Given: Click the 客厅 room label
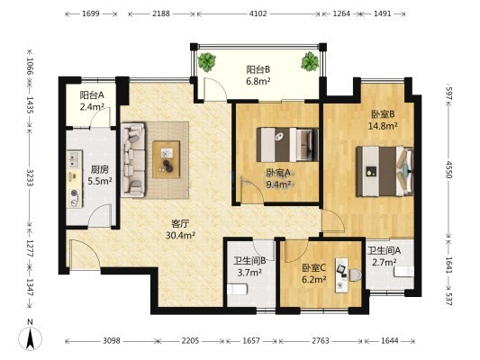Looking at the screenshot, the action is coord(180,224).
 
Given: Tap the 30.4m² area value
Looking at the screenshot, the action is coord(181,235).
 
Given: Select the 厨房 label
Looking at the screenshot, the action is coord(99,169).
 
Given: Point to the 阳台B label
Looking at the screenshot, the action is coord(258,69).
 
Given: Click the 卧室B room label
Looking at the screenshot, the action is coord(383,114).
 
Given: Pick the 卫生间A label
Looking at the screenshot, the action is coord(385,251).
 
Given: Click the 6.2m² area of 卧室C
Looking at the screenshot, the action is coord(313,279).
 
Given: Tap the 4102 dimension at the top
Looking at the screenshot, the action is coord(258,13).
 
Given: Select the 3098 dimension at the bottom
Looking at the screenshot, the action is coord(112,340).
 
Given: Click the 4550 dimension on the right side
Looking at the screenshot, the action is coord(448,169).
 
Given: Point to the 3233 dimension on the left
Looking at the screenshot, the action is coord(30,177).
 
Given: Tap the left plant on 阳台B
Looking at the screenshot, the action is coord(207,62).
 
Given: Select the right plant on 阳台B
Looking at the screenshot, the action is coord(310,61).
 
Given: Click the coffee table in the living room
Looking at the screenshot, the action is coord(167,159).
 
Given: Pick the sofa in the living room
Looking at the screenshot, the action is coord(133,159).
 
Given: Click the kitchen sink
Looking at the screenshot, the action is coord(75,158).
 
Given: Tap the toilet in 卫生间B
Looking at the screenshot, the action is coord(237,289).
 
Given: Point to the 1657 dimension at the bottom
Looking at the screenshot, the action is coord(251,340).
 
